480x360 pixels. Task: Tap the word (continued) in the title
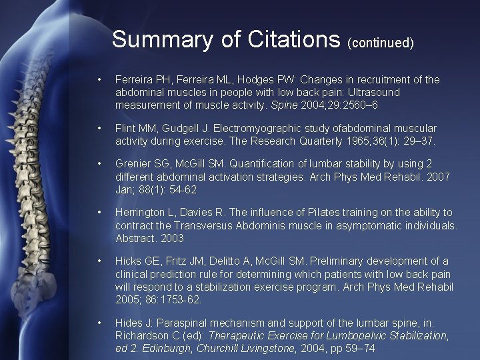(x=381, y=43)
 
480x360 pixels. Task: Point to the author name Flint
(x=125, y=127)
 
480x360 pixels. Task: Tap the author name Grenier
(x=132, y=164)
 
